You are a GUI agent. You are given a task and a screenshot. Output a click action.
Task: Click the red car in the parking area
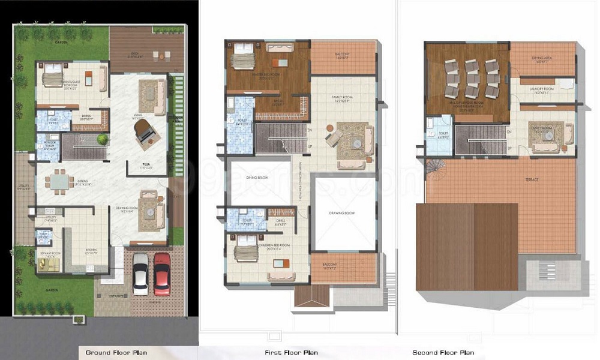click(162, 273)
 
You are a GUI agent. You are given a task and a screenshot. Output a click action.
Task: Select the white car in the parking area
click(140, 273)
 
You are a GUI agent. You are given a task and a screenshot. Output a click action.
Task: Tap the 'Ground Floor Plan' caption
click(116, 352)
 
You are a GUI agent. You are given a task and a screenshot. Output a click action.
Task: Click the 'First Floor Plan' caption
click(291, 352)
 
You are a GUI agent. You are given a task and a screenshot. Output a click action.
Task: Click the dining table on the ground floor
click(59, 181)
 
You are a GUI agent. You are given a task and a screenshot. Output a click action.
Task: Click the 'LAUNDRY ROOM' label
click(541, 89)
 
